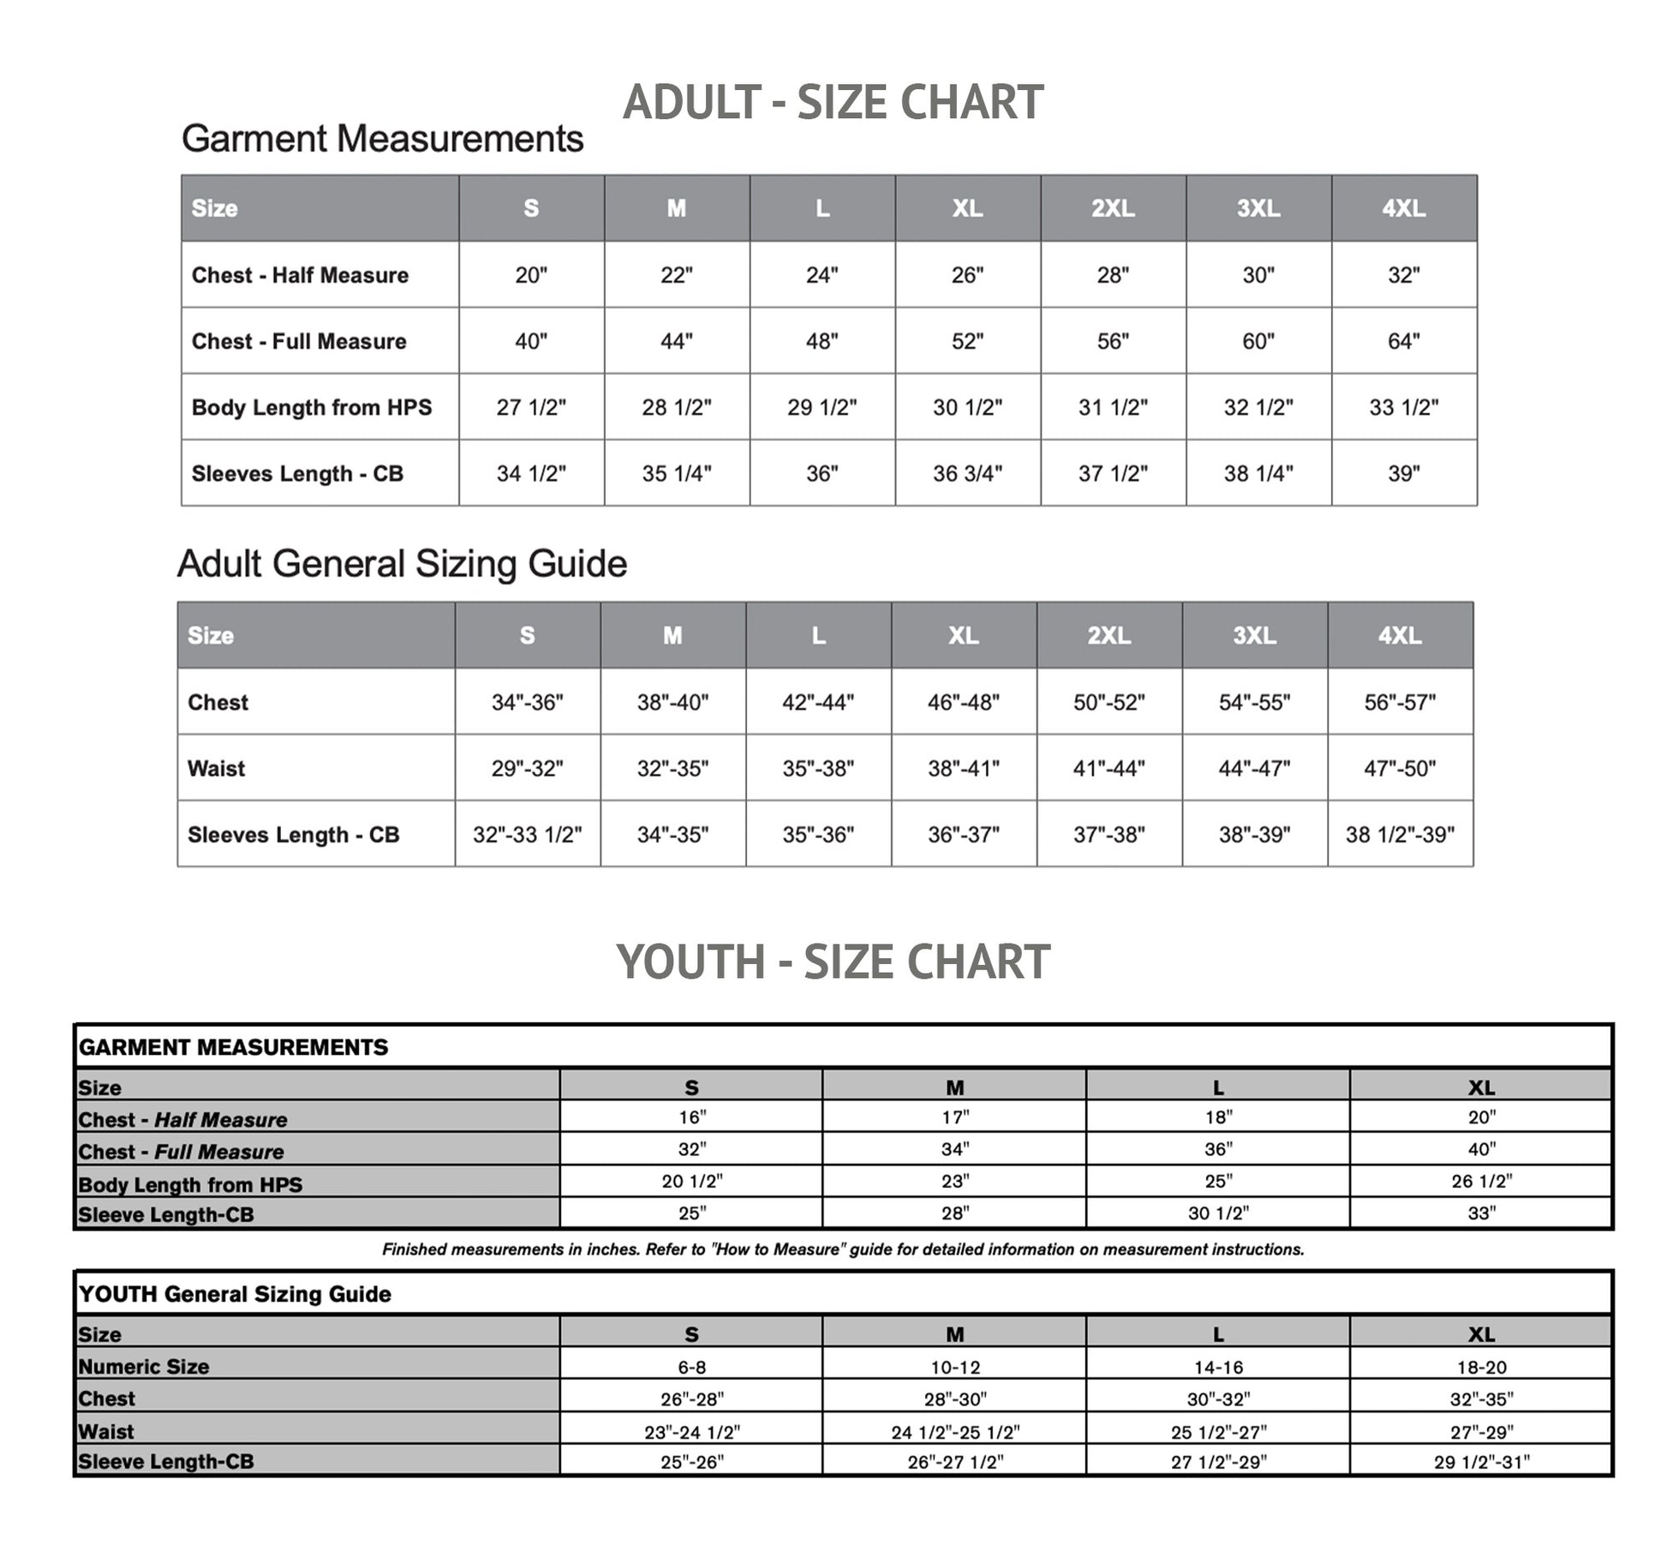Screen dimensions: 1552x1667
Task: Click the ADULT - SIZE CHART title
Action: tap(833, 103)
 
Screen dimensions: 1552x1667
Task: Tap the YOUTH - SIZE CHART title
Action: tap(833, 962)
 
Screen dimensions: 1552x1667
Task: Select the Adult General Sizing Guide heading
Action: tap(402, 564)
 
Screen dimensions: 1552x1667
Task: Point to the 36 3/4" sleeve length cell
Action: tap(967, 473)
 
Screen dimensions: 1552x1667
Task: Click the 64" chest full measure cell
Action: tap(1403, 341)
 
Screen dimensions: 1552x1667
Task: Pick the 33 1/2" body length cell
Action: tap(1403, 407)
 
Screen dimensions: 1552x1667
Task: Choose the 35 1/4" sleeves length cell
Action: tap(677, 473)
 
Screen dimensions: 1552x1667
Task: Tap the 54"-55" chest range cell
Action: tap(1254, 703)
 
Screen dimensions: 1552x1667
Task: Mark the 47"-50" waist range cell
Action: tap(1400, 769)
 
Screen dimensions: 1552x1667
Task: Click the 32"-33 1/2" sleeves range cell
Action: tap(527, 835)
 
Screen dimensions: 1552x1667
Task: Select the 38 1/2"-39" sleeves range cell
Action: tap(1400, 835)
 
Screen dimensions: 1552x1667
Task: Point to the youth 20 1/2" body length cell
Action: tap(691, 1181)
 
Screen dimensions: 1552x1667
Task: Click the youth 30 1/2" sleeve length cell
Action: tap(1218, 1213)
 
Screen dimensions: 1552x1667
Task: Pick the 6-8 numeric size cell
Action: tap(691, 1368)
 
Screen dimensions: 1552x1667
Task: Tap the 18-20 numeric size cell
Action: tap(1481, 1368)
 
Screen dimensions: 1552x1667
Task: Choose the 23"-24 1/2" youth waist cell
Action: tap(691, 1432)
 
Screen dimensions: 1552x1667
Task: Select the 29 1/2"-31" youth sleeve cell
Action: tap(1481, 1462)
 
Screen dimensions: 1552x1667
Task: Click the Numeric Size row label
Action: tap(144, 1367)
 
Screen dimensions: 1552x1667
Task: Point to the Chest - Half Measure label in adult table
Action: tap(300, 275)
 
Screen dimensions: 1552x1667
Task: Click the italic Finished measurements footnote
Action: tap(843, 1249)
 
